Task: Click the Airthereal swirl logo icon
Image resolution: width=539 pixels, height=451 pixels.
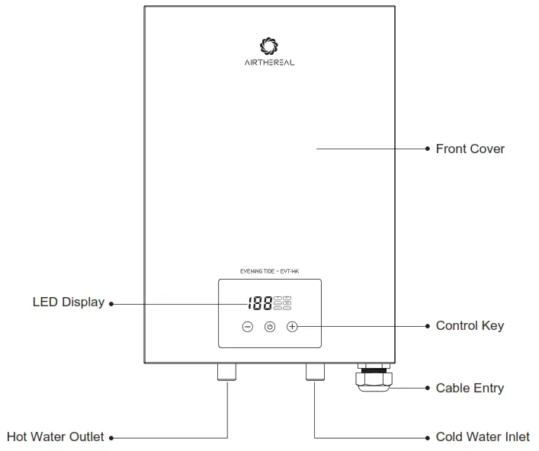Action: click(269, 46)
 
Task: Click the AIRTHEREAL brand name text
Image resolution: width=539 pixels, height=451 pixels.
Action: click(269, 62)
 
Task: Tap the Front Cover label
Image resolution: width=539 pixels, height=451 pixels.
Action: click(470, 149)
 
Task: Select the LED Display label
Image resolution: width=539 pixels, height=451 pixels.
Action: click(68, 302)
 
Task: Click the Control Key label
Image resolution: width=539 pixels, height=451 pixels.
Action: click(470, 326)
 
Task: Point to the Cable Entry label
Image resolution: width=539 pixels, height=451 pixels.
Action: click(470, 389)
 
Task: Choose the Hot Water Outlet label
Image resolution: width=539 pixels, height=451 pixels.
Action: click(55, 437)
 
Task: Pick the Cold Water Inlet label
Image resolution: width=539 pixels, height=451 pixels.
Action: click(483, 437)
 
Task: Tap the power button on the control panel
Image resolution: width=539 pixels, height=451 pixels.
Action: click(270, 327)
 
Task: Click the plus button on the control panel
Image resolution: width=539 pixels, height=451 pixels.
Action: click(293, 327)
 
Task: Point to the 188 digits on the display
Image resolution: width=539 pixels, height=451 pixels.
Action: click(259, 303)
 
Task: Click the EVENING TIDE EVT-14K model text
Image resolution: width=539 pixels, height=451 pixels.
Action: click(269, 271)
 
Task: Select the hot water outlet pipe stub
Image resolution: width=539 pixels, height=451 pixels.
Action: click(227, 371)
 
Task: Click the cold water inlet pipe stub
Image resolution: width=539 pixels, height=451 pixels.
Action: click(315, 371)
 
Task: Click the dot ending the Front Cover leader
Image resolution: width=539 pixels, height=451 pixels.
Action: click(427, 149)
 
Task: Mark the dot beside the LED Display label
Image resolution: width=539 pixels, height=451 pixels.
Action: click(111, 303)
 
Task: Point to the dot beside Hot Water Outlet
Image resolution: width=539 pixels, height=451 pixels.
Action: click(111, 438)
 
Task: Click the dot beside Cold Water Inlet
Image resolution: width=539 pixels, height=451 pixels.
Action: click(427, 438)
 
